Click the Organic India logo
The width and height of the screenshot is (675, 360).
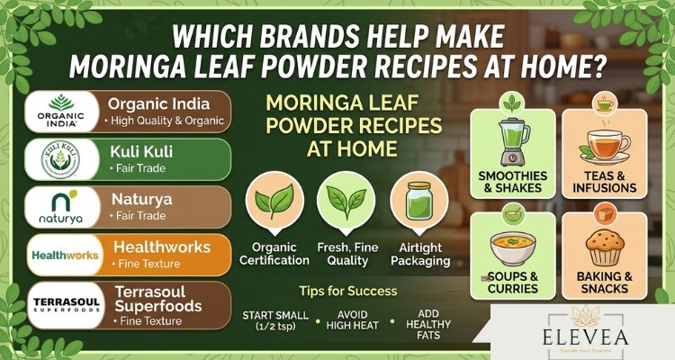60,112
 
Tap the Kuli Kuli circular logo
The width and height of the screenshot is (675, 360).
60,159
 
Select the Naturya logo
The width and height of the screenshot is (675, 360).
60,207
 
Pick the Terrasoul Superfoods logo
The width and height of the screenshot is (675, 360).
60,303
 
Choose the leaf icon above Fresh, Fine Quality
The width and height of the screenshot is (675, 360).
346,200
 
